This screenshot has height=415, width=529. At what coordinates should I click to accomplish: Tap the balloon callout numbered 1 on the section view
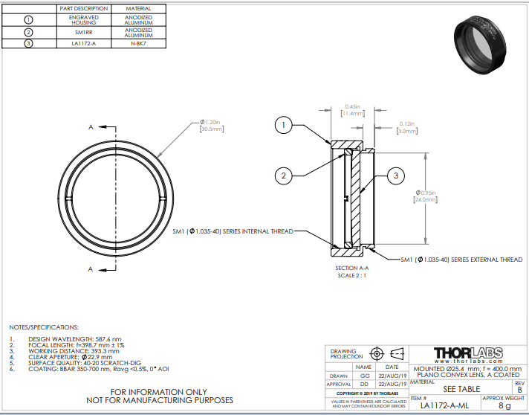[283, 125]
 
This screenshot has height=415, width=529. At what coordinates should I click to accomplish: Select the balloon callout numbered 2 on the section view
[283, 176]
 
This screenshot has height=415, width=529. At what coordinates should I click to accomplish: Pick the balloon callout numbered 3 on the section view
[396, 176]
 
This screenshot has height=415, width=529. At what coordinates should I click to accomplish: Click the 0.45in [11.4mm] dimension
[353, 109]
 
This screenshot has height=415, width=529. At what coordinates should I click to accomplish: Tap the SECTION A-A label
[352, 269]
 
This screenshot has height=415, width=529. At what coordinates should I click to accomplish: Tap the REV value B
[519, 389]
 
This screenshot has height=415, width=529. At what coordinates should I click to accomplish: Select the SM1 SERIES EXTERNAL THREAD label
[461, 260]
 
